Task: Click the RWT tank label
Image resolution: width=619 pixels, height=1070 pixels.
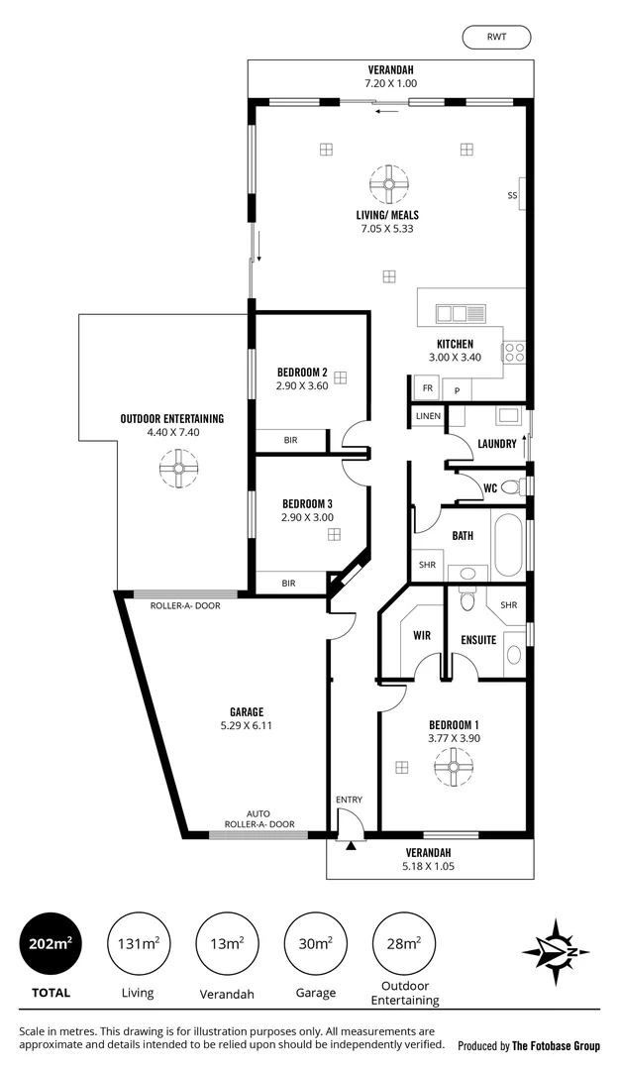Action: (x=496, y=38)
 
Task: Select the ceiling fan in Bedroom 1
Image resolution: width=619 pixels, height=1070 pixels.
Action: (x=455, y=766)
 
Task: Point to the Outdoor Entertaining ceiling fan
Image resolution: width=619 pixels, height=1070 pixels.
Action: (x=179, y=468)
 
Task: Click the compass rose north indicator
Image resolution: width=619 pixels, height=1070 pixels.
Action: (x=558, y=952)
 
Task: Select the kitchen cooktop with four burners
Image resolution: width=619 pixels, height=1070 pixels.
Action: (x=514, y=354)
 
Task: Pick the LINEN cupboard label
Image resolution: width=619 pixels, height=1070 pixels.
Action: (x=428, y=416)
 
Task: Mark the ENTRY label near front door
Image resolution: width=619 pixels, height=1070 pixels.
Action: (x=349, y=799)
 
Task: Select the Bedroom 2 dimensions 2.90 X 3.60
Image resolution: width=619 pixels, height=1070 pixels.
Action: (x=302, y=386)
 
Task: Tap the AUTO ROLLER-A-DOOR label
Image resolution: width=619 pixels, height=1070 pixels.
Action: (x=258, y=818)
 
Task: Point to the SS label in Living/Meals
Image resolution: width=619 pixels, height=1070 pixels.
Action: (x=512, y=195)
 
